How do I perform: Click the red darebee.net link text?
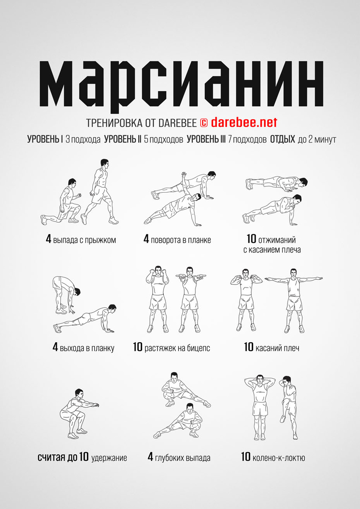pos(244,123)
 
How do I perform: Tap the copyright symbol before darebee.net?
pos(204,123)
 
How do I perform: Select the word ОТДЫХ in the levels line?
pos(282,139)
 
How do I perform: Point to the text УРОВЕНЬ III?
pos(206,139)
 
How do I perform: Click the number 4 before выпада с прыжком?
pos(48,239)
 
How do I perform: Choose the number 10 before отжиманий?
pos(251,239)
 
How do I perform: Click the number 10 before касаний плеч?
pos(248,347)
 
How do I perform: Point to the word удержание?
pos(109,458)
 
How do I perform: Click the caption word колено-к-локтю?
pos(279,457)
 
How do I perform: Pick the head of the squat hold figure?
pos(79,393)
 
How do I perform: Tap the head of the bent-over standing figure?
pos(77,291)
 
